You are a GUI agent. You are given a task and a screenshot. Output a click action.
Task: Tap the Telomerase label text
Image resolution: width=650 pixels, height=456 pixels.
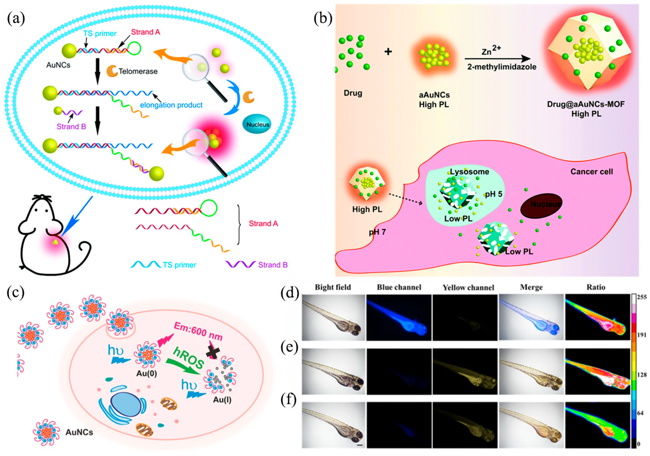138,71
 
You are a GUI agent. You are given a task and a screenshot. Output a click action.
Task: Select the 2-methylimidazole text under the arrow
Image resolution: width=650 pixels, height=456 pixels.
502,67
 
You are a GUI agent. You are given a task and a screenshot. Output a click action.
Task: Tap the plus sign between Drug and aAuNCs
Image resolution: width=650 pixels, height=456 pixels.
388,52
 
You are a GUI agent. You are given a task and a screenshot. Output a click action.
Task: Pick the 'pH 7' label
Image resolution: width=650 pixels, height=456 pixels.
377,232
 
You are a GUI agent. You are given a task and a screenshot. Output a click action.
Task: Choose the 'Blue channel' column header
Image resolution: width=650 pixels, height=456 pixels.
399,287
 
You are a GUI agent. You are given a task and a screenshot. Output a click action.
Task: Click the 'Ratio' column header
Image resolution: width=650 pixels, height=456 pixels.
596,287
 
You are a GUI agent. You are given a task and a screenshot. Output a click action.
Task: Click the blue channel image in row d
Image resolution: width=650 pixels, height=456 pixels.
399,317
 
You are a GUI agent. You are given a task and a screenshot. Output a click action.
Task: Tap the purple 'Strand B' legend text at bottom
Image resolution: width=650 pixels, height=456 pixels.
273,265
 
